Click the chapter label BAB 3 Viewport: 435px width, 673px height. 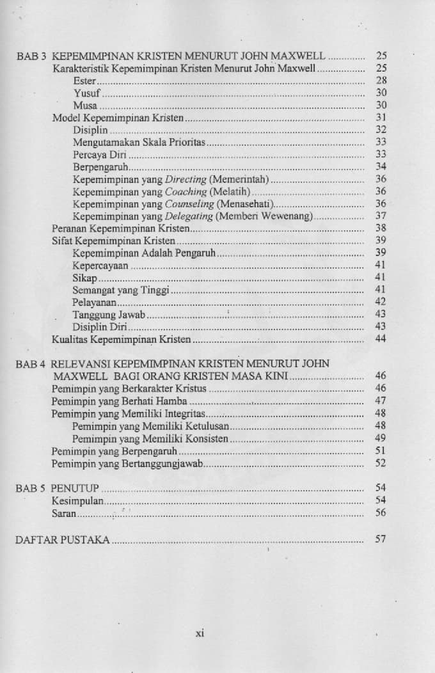(x=30, y=56)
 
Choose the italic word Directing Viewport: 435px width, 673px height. (x=186, y=180)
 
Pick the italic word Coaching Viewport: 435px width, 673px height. (x=186, y=192)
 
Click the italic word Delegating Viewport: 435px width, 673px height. (x=190, y=216)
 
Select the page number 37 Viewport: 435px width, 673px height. (x=381, y=216)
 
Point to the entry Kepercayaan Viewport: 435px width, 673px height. (x=100, y=265)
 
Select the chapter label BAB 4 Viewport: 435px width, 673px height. (x=30, y=364)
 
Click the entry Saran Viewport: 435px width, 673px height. (x=64, y=513)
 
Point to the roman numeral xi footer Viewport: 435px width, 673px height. (x=199, y=633)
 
